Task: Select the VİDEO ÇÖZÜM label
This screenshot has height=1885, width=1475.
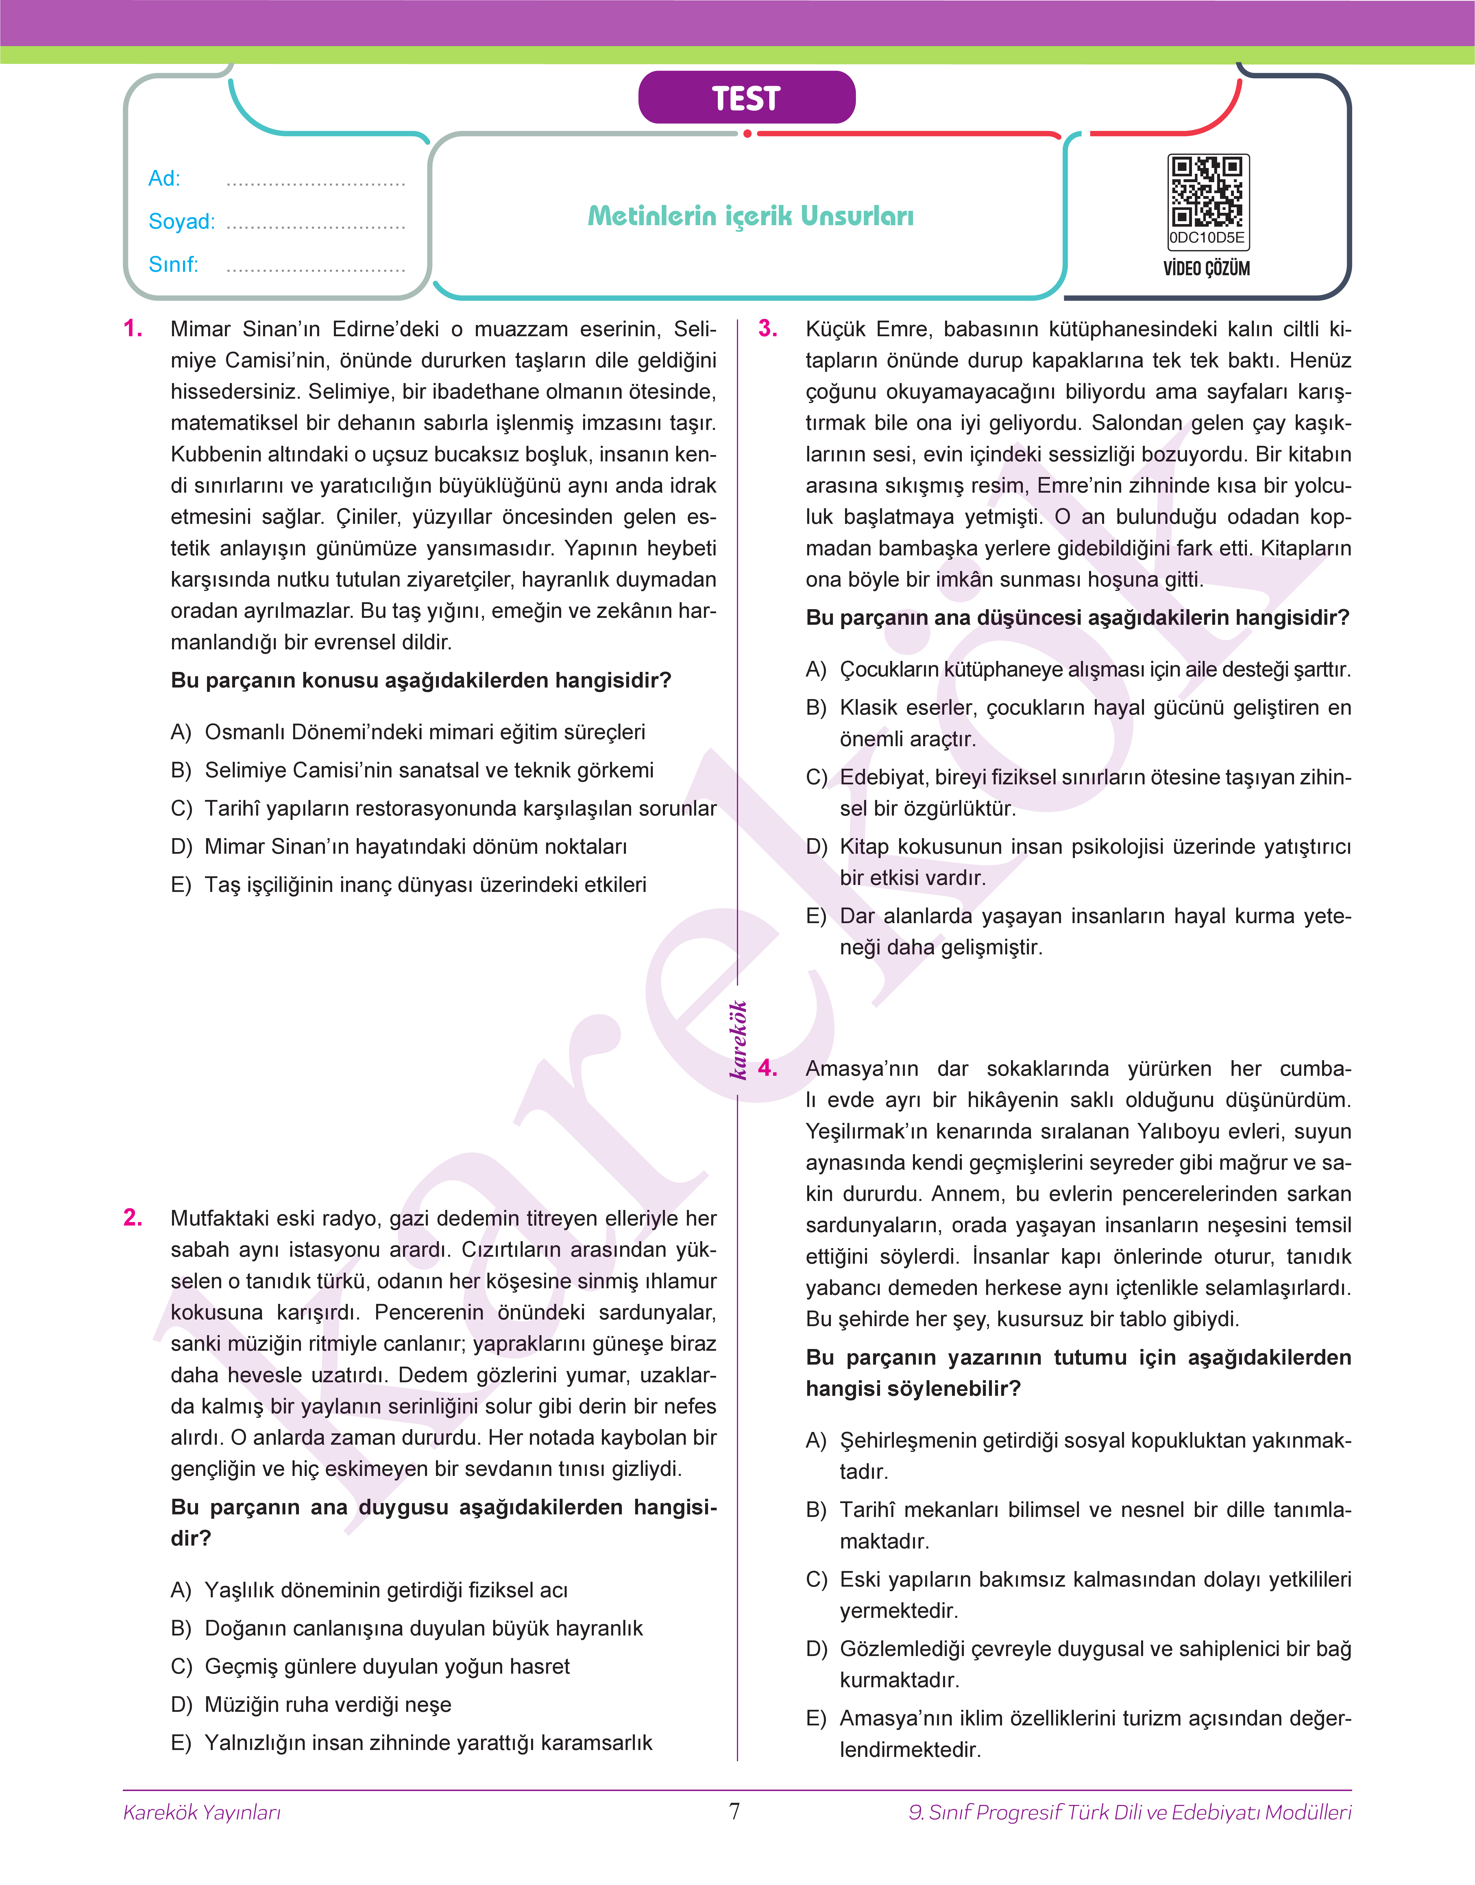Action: (1206, 269)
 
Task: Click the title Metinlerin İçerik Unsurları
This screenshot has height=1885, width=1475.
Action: (751, 216)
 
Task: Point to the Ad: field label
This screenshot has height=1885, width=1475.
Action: (164, 179)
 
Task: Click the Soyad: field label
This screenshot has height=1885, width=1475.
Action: (181, 222)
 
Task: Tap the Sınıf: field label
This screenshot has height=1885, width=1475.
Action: (173, 264)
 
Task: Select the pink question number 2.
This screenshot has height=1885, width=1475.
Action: (133, 1217)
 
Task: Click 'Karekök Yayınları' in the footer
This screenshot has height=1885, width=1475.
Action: (202, 1812)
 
